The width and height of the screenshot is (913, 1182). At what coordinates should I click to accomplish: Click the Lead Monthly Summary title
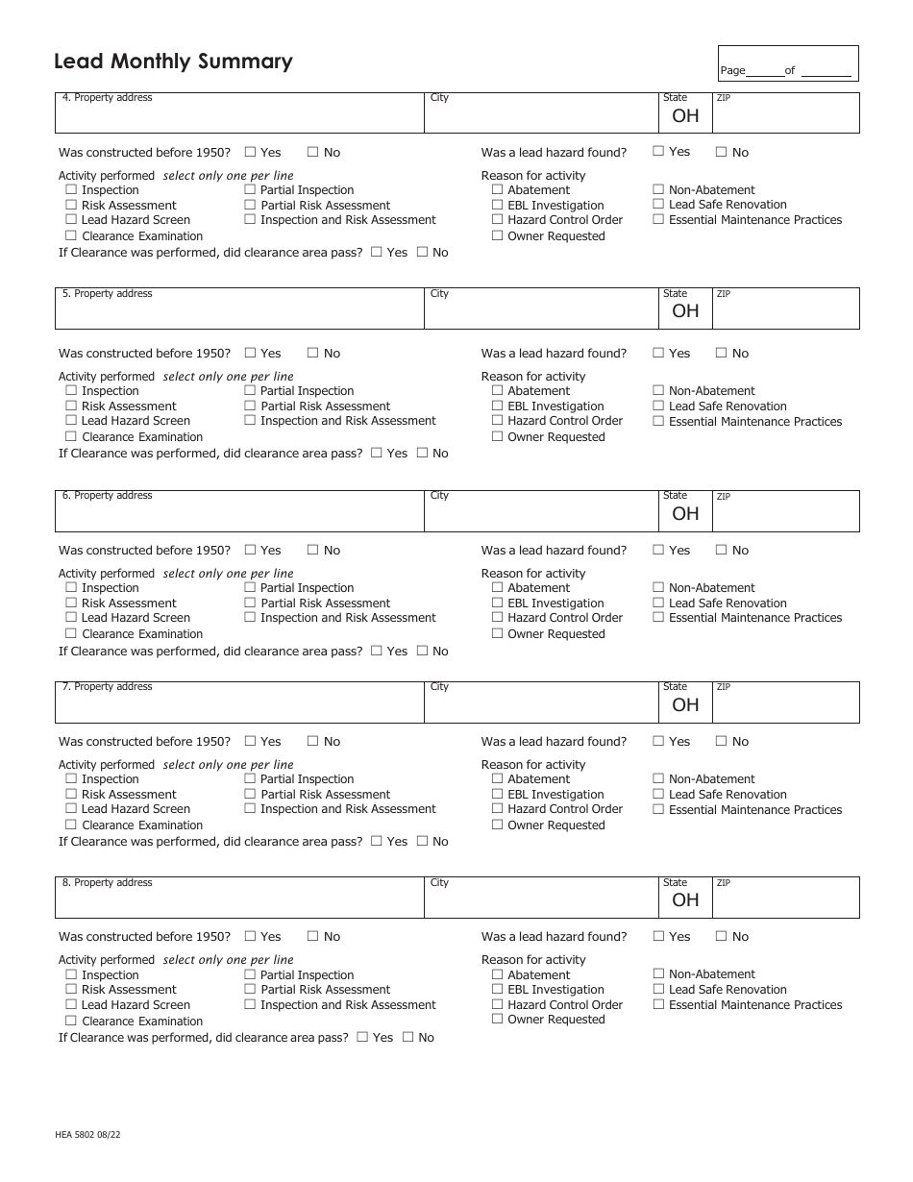173,62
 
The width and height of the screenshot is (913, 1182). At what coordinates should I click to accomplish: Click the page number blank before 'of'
764,71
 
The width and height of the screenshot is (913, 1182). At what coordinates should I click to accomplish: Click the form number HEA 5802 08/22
87,1135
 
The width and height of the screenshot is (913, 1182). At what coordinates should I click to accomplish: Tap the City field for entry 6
542,516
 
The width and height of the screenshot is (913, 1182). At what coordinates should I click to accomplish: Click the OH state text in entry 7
685,704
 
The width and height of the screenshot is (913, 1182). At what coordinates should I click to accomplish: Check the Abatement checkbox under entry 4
498,189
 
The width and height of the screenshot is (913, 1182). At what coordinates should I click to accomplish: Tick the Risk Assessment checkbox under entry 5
71,406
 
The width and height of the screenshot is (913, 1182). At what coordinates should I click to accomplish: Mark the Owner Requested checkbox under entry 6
498,633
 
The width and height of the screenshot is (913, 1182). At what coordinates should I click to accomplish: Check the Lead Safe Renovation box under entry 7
658,794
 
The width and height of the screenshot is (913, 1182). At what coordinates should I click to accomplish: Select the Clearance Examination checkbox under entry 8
71,1021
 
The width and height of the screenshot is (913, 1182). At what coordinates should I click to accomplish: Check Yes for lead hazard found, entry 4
658,151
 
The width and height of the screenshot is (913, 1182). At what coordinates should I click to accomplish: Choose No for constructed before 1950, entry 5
312,353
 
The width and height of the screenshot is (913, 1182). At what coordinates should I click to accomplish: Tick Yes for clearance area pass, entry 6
376,651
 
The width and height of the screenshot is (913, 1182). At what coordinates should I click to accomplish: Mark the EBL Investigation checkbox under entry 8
498,989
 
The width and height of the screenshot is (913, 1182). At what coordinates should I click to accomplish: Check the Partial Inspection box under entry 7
250,778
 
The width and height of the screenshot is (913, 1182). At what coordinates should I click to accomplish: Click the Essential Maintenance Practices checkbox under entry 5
658,421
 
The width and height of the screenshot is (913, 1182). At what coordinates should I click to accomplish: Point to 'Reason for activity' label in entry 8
533,959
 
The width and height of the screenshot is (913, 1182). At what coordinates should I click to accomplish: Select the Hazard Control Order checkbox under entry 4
498,219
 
